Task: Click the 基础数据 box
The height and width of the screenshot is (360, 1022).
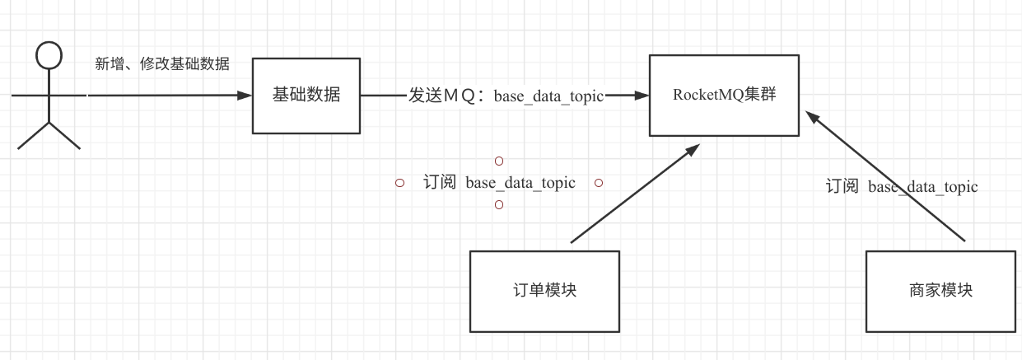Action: tap(306, 96)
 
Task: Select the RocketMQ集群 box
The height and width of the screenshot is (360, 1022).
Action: tap(723, 95)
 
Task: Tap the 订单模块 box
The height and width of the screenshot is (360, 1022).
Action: tap(544, 291)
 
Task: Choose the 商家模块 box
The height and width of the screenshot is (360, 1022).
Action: tap(940, 291)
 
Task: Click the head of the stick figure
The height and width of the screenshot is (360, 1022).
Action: tap(49, 56)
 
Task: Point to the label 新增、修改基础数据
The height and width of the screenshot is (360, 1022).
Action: tap(161, 64)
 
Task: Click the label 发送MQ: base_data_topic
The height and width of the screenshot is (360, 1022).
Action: tap(506, 96)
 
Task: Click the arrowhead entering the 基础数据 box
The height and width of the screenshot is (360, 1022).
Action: tap(244, 96)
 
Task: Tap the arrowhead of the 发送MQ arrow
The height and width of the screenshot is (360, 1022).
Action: tap(642, 96)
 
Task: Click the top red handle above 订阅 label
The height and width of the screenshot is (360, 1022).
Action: tap(498, 161)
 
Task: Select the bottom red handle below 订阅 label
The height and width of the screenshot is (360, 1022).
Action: tap(498, 204)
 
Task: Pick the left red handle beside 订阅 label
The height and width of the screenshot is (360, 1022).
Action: tap(399, 183)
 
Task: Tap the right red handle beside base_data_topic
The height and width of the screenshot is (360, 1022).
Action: tap(599, 183)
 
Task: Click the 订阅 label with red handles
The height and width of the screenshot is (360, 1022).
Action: tap(499, 183)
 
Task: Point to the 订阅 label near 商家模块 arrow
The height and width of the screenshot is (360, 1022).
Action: tap(902, 187)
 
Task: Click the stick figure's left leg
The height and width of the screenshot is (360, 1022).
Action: tap(33, 136)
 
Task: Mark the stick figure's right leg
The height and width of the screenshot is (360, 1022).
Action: tap(65, 136)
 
